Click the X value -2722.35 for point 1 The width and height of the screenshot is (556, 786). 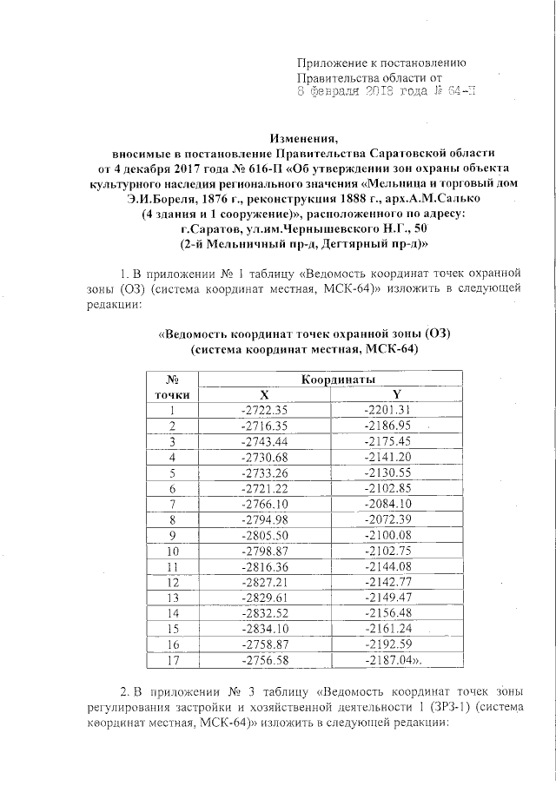263,410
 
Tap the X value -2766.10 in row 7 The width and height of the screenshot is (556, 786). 263,504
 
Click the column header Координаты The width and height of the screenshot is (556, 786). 338,380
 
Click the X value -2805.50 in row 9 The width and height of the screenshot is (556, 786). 263,535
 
